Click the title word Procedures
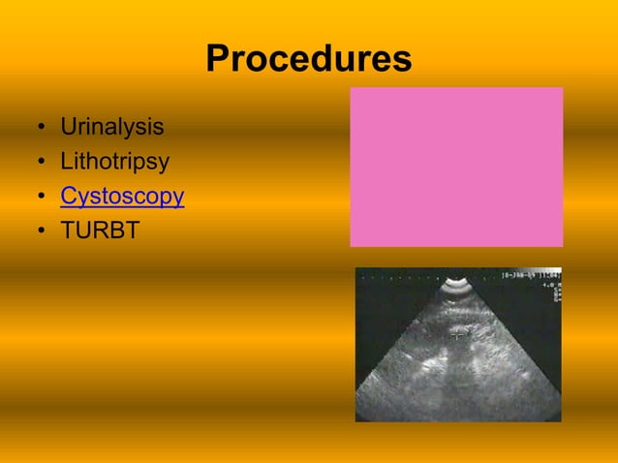click(308, 60)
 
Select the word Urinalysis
click(111, 127)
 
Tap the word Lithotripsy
click(114, 162)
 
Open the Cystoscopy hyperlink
click(122, 197)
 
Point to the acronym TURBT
click(100, 231)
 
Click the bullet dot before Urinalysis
click(41, 128)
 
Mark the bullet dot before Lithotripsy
click(41, 163)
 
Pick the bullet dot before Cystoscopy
click(41, 198)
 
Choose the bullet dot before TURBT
click(41, 231)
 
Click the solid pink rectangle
click(456, 167)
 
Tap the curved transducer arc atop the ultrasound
click(457, 288)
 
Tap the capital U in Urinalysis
click(68, 127)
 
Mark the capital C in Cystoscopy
click(69, 197)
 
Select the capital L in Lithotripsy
click(66, 162)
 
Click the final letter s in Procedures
click(402, 60)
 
